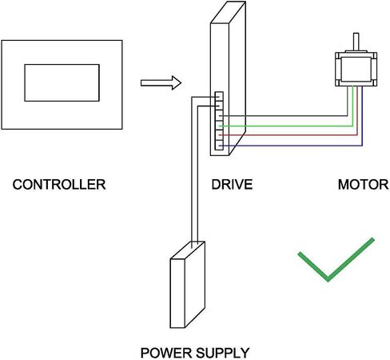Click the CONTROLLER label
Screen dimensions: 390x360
(x=59, y=185)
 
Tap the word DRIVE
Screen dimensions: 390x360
(x=232, y=185)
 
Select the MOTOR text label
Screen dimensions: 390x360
(x=364, y=185)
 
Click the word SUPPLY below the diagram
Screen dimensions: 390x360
(x=223, y=353)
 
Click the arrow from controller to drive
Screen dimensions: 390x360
(x=161, y=83)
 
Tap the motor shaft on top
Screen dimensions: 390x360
(x=356, y=42)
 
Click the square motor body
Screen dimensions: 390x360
(x=356, y=69)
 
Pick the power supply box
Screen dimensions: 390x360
(x=188, y=285)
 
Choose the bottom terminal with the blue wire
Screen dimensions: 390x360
(x=219, y=145)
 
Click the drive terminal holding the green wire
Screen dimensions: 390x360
(x=219, y=126)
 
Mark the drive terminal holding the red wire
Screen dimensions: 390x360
(x=219, y=135)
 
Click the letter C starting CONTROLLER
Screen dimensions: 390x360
(x=18, y=185)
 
